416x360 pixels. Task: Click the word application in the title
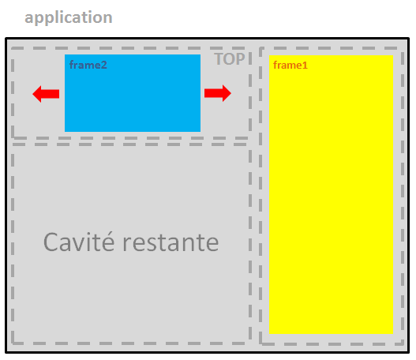click(x=69, y=18)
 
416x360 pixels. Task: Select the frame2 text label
click(x=88, y=65)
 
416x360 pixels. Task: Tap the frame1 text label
click(x=290, y=66)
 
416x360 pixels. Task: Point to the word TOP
click(x=230, y=59)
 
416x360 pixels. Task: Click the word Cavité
click(x=79, y=242)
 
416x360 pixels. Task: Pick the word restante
click(x=171, y=242)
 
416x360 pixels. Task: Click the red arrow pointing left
click(x=46, y=94)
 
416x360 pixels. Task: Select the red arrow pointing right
click(x=218, y=93)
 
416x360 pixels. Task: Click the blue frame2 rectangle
click(x=133, y=93)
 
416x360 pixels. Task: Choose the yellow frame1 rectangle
click(x=331, y=194)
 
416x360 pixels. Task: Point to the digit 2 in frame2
click(x=103, y=65)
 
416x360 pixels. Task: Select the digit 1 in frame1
click(x=305, y=66)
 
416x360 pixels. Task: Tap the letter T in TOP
click(x=219, y=59)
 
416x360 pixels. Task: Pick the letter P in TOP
click(x=241, y=59)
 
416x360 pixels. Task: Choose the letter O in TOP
click(x=230, y=59)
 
